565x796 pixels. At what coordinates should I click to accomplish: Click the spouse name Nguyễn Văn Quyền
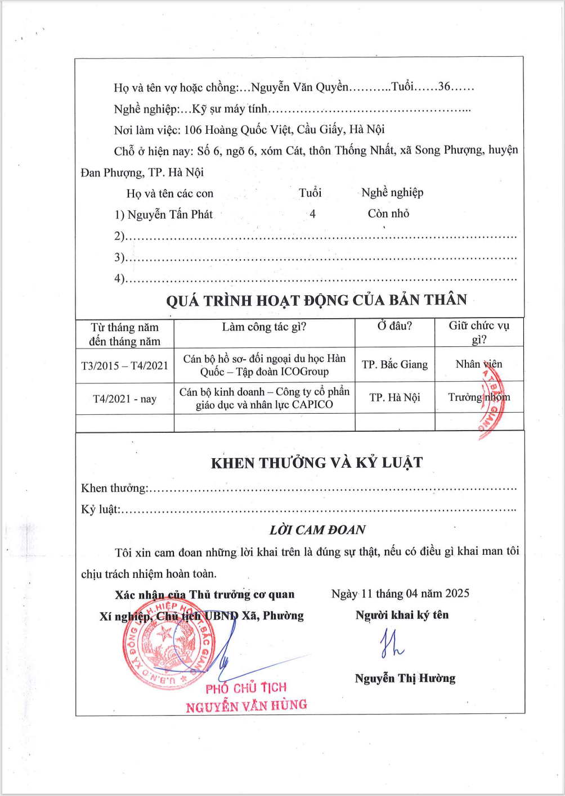coord(299,87)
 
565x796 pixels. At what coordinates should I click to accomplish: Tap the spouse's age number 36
coord(445,87)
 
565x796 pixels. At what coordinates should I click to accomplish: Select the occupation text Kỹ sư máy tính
coord(230,109)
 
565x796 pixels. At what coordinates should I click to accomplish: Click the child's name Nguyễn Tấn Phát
coord(170,214)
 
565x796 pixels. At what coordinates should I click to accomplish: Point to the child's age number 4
coord(312,214)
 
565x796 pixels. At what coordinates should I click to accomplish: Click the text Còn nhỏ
coord(388,214)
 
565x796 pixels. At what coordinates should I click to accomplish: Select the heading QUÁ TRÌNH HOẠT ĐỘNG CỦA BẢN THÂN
coord(316,300)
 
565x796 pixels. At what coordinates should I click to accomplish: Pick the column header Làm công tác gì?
coord(264,327)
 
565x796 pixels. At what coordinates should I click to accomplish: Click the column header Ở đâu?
coord(394,326)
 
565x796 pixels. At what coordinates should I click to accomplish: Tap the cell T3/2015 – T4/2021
coord(124,365)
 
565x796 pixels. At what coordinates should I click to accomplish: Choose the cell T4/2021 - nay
coord(124,399)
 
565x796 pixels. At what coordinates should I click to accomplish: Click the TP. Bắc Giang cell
coord(394,364)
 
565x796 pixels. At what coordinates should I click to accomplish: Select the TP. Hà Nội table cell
coord(394,397)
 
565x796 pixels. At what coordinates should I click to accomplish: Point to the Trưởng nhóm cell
coord(478,397)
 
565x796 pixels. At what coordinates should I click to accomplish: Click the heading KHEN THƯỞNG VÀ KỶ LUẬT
coord(316,463)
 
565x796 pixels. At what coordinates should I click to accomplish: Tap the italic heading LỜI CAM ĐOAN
coord(317,530)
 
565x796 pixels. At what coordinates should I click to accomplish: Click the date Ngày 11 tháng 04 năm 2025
coord(400,594)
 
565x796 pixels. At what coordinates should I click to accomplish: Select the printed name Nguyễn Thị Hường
coord(405,678)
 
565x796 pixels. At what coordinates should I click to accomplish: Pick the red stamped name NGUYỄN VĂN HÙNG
coord(246,705)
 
